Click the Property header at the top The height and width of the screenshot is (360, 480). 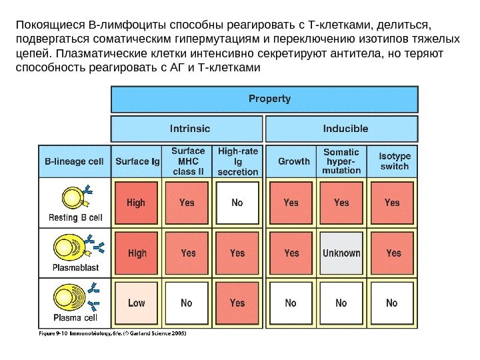click(x=264, y=99)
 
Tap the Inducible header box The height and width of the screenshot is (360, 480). click(x=341, y=129)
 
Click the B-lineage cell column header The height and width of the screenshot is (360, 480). click(x=73, y=161)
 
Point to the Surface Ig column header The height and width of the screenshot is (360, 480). click(x=137, y=161)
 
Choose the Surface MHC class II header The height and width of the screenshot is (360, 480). click(x=187, y=161)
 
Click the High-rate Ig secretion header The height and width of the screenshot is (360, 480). click(x=238, y=161)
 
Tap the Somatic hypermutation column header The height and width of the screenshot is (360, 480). click(x=341, y=161)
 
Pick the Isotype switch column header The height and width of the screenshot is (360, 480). click(x=393, y=161)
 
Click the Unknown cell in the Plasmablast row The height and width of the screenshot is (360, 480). click(x=341, y=253)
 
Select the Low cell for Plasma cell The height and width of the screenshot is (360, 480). click(x=137, y=303)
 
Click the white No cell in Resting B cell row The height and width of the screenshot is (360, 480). click(x=237, y=203)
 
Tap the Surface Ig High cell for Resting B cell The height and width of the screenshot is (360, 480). click(x=137, y=203)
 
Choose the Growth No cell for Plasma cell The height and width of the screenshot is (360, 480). click(x=291, y=303)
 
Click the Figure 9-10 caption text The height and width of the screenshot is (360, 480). click(x=111, y=333)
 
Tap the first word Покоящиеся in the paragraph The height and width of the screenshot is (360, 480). click(x=41, y=27)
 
